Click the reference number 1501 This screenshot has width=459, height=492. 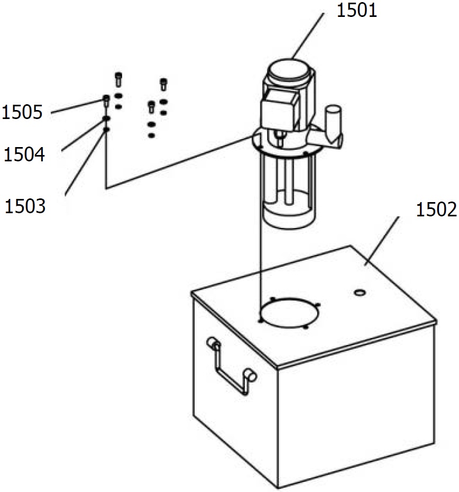(x=356, y=11)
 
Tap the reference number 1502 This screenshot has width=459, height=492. (x=436, y=209)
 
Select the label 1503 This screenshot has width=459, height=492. (x=25, y=206)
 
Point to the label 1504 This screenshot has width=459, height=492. (x=24, y=154)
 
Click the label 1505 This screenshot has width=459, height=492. (x=22, y=112)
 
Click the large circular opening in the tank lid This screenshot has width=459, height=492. (x=289, y=313)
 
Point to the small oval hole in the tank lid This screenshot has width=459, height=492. (x=360, y=293)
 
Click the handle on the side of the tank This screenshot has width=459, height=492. (x=232, y=366)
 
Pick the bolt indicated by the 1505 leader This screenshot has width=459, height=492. (x=106, y=100)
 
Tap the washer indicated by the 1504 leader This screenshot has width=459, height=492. (x=106, y=118)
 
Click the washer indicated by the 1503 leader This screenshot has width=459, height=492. (x=106, y=129)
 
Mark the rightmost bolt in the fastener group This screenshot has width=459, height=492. (x=163, y=84)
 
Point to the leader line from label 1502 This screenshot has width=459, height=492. (x=382, y=241)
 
